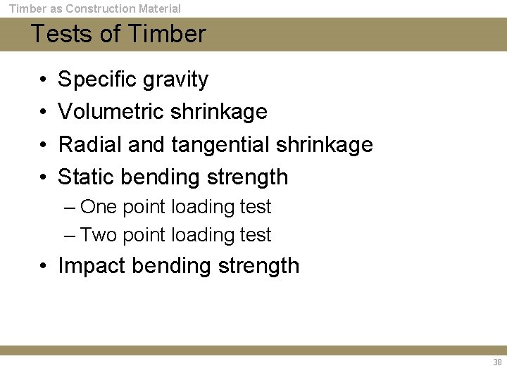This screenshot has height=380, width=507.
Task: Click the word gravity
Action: (175, 80)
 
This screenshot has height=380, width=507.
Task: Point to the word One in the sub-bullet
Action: (99, 207)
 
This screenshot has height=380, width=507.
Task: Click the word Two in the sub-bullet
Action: (99, 235)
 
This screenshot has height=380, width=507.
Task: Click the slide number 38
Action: (497, 362)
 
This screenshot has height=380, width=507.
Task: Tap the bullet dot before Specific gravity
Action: (44, 80)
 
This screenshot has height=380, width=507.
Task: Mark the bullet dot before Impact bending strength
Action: (44, 266)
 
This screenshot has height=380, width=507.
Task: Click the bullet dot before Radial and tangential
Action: (44, 145)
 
